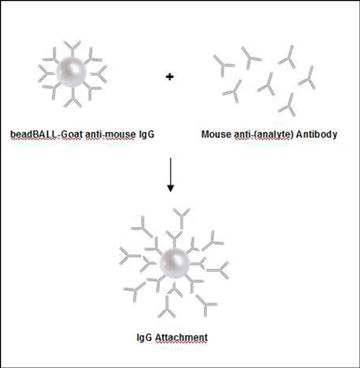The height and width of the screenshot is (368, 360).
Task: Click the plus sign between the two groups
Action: click(170, 76)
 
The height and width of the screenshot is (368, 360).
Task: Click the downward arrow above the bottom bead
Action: click(170, 174)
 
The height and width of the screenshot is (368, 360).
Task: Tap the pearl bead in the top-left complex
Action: click(71, 72)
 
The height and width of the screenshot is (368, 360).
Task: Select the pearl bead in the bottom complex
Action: click(174, 263)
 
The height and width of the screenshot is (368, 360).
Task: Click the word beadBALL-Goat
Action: click(46, 135)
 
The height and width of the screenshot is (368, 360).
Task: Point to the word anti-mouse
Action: click(111, 135)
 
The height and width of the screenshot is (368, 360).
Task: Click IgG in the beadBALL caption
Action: click(147, 135)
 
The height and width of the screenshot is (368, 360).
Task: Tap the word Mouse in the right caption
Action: click(216, 135)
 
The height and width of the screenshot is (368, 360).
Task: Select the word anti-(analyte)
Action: click(262, 135)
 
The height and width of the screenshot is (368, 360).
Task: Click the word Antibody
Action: click(316, 135)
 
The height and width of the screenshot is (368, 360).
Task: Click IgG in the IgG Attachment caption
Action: click(145, 338)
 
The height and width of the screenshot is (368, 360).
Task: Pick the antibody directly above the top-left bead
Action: click(73, 48)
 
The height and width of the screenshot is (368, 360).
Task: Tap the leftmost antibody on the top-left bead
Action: click(46, 74)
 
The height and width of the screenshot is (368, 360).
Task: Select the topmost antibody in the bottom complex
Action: click(182, 218)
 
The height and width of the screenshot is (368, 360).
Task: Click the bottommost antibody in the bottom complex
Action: click(167, 307)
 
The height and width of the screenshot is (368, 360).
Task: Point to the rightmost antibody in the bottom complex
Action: click(218, 270)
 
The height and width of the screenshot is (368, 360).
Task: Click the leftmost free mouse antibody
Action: click(224, 65)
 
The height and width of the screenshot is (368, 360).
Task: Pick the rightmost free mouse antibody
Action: click(308, 78)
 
